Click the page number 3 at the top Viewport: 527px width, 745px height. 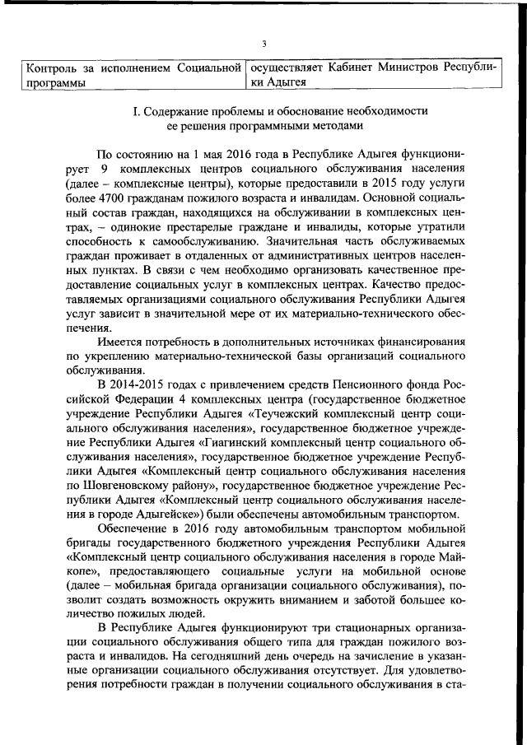pyautogui.click(x=263, y=44)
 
